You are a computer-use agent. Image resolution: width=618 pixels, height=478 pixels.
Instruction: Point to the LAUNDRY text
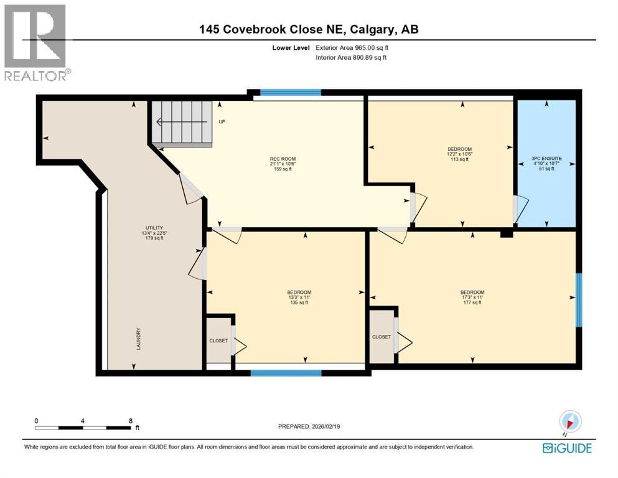coord(139,339)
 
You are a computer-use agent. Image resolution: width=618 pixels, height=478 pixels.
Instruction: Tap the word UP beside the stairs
coord(222,121)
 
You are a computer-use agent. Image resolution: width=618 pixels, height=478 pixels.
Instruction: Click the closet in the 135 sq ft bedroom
coord(218,340)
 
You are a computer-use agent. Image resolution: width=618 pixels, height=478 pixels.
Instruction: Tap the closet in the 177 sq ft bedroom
coord(381,337)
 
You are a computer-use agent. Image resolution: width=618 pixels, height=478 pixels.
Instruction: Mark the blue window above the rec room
coord(290,93)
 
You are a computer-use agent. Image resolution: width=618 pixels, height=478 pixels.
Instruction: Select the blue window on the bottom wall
coord(286,373)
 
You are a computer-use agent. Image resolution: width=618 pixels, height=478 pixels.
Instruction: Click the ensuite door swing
coord(520,209)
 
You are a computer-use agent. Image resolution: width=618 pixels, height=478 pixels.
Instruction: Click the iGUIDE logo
coord(567,448)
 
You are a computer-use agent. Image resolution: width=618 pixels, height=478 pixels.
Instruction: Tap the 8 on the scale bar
coord(130,421)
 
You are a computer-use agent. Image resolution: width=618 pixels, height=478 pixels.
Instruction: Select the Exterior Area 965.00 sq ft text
coord(355,47)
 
